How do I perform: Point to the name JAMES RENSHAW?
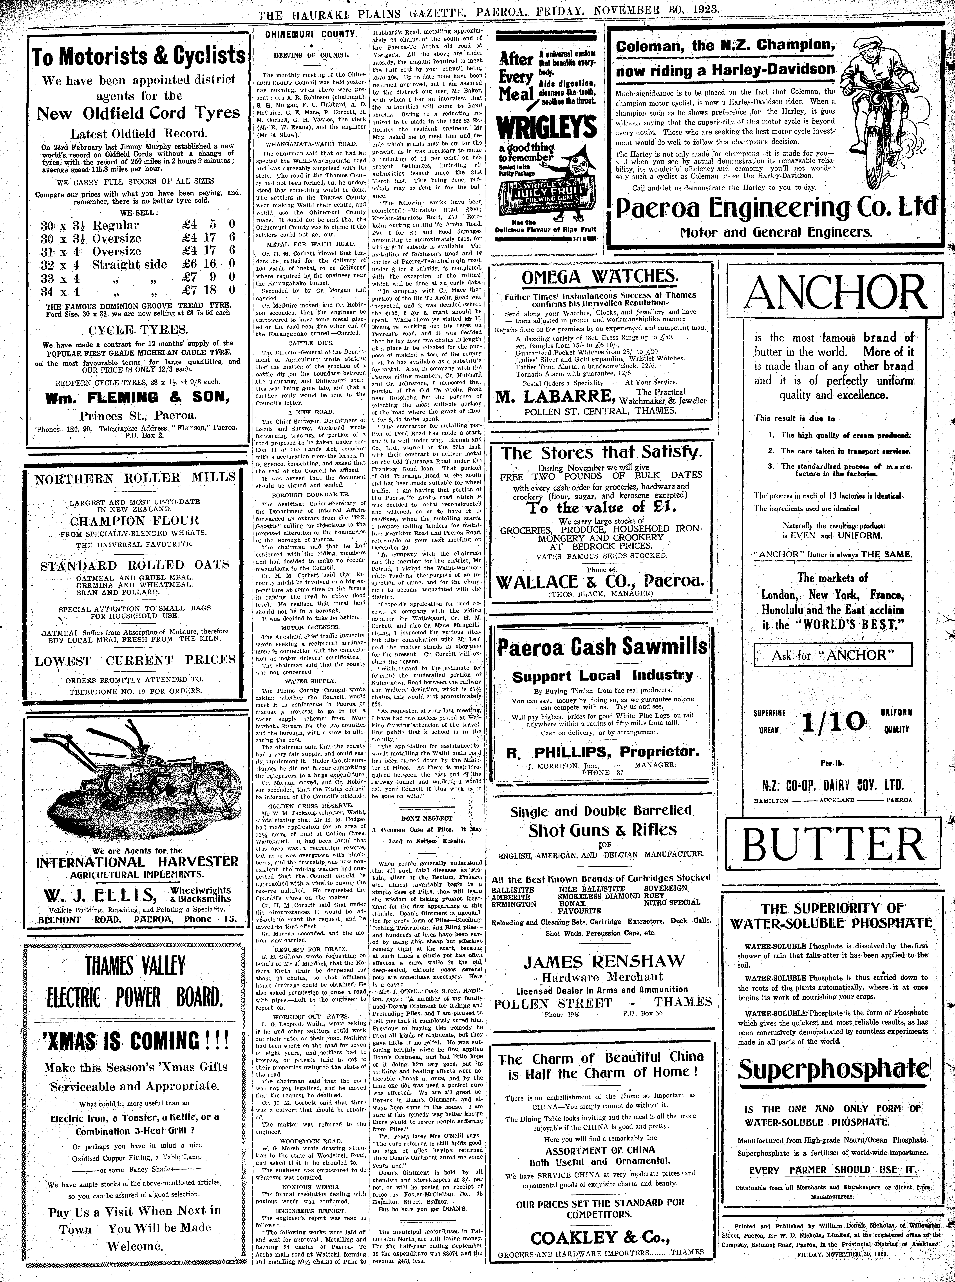point(604,962)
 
